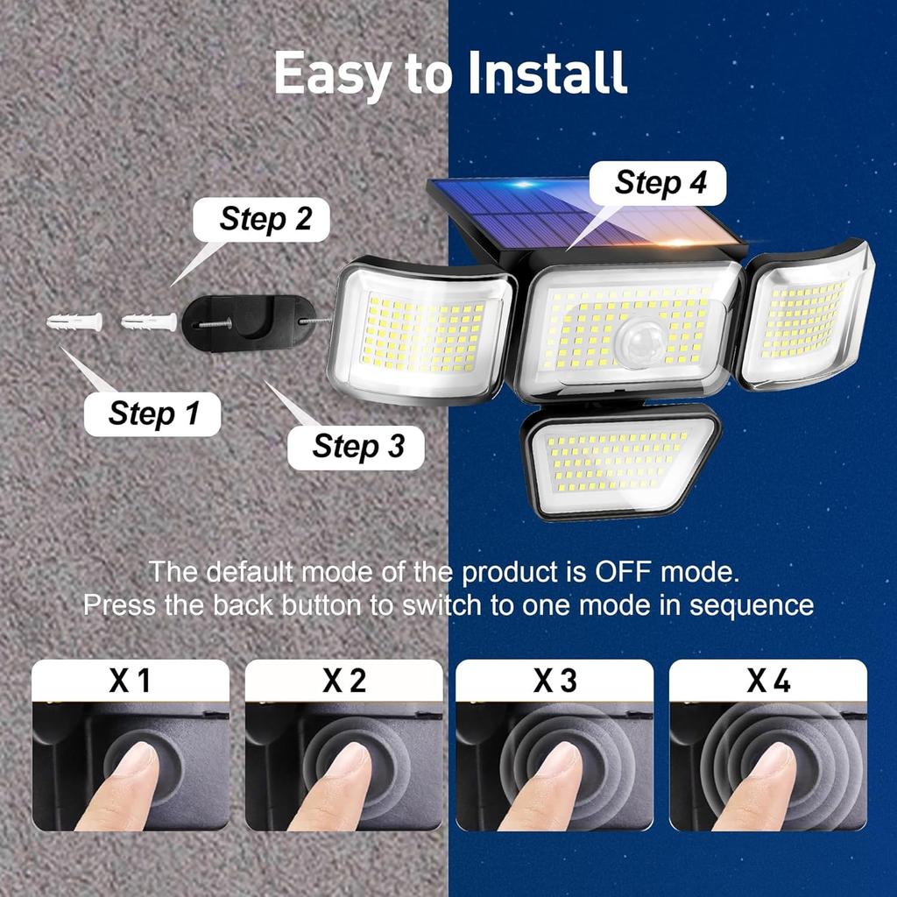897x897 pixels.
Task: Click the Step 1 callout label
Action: [152, 413]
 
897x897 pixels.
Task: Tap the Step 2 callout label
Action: [265, 219]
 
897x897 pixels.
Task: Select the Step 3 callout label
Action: [357, 446]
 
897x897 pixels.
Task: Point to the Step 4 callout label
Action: [660, 183]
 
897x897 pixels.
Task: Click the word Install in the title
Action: [547, 74]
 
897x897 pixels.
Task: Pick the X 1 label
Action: [131, 681]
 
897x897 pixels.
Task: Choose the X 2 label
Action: [343, 681]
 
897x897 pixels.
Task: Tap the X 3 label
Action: [555, 681]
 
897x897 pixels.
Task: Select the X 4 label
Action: [768, 681]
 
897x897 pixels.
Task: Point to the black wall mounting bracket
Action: [249, 321]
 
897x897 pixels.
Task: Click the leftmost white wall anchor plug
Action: [74, 322]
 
